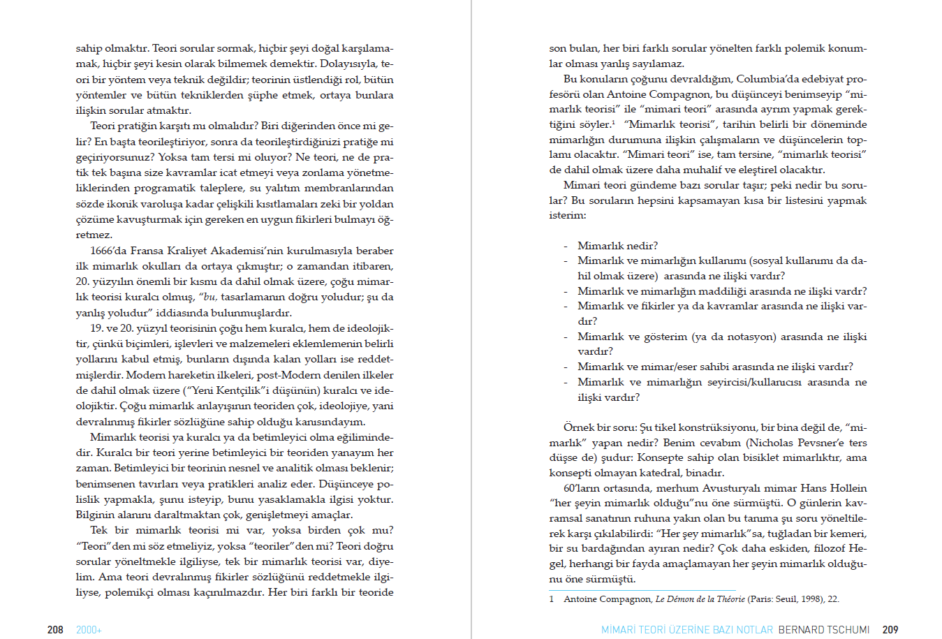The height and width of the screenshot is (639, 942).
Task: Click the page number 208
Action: [55, 630]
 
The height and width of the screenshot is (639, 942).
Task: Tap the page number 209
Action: [890, 630]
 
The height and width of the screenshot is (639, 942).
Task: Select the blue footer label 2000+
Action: [89, 630]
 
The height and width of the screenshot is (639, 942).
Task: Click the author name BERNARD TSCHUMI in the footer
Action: [824, 630]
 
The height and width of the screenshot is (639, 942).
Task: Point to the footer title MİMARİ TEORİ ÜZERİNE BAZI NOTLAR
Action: [687, 630]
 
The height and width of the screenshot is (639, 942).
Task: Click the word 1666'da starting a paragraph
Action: [108, 251]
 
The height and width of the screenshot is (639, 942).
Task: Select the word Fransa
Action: [147, 251]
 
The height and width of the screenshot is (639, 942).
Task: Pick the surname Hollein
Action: [848, 488]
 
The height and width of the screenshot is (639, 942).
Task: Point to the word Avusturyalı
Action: [730, 488]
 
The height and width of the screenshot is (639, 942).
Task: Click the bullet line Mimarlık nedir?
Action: [617, 246]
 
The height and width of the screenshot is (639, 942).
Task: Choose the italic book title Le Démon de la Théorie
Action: [700, 599]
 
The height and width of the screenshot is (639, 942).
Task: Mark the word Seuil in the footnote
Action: [785, 599]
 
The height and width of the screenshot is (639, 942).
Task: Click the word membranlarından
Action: [351, 188]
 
